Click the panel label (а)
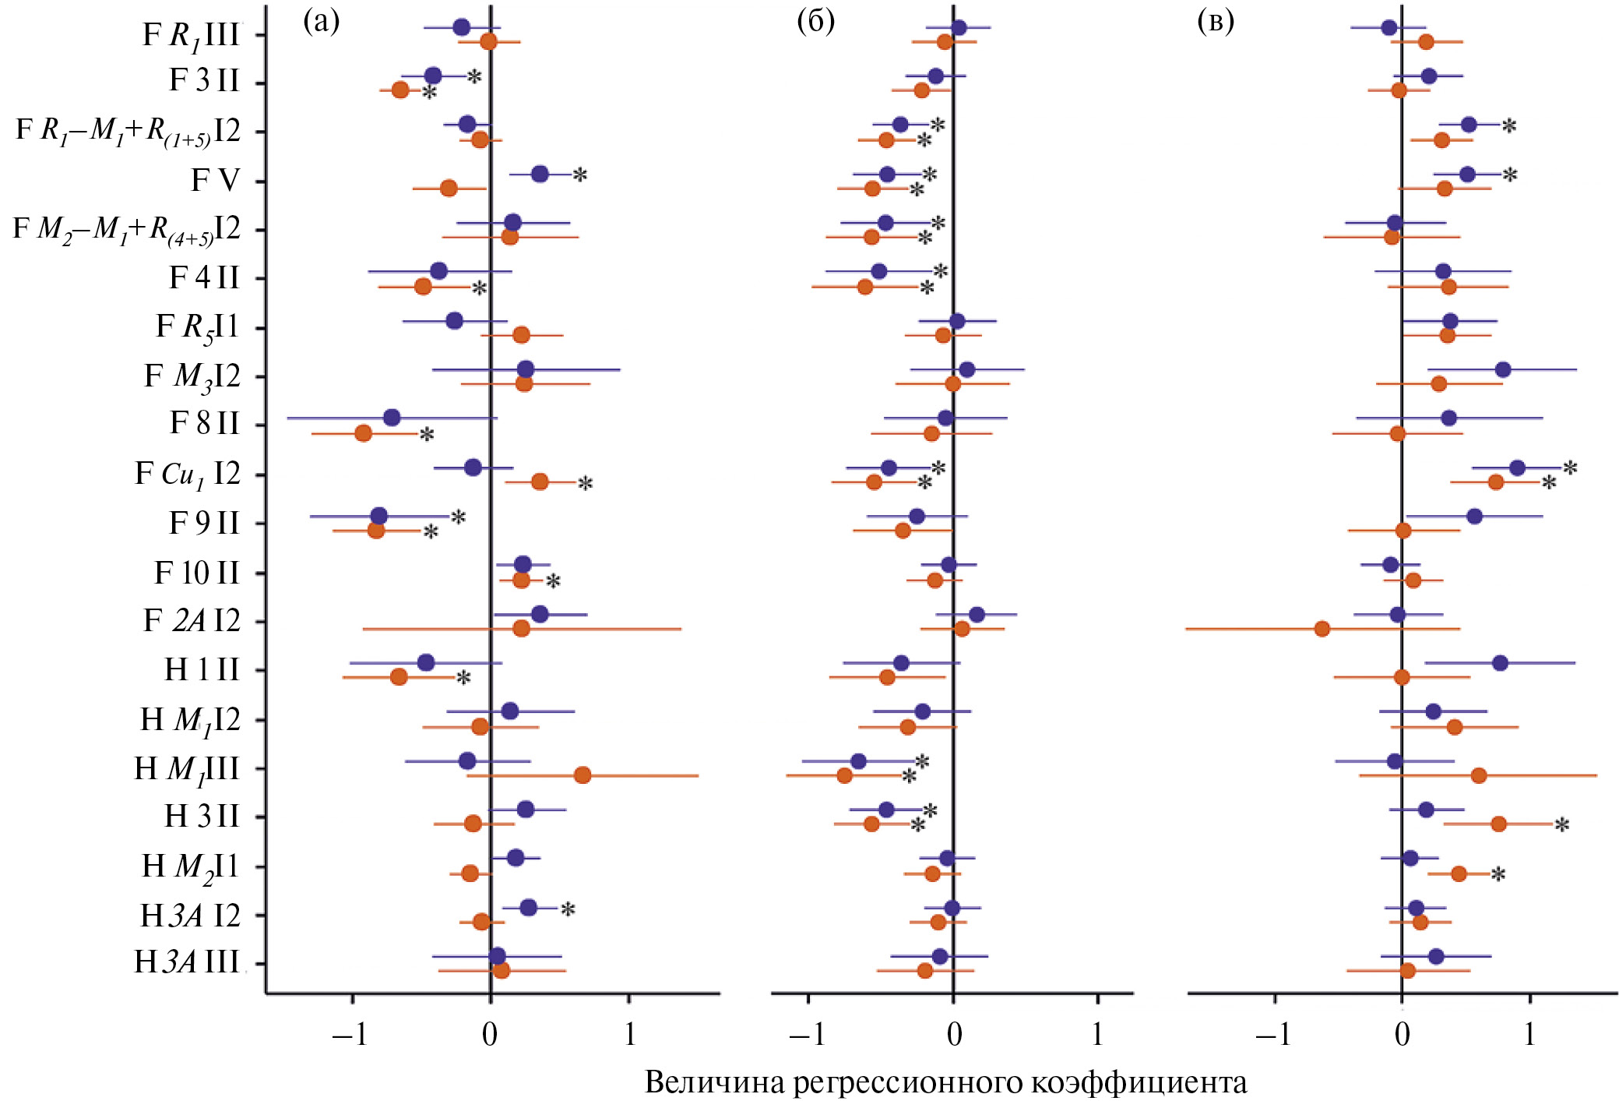coord(321,22)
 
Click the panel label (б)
coord(815,22)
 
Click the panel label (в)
coord(1216,22)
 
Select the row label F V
coord(215,180)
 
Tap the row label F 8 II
coord(205,423)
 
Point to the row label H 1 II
coord(202,669)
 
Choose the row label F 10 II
coord(197,573)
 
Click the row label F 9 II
coord(204,523)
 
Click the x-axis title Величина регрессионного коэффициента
coord(945,1082)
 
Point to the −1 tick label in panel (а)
coord(349,1034)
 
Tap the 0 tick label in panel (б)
coord(954,1034)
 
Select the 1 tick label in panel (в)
coord(1529,1034)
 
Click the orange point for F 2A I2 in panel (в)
coord(1322,628)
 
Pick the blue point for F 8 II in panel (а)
coord(392,418)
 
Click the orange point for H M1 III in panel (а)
coord(582,775)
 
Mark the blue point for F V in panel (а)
coord(539,175)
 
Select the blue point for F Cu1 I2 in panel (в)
coord(1517,468)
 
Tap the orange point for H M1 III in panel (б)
coord(844,775)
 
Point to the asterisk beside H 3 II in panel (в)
coord(1561,825)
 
